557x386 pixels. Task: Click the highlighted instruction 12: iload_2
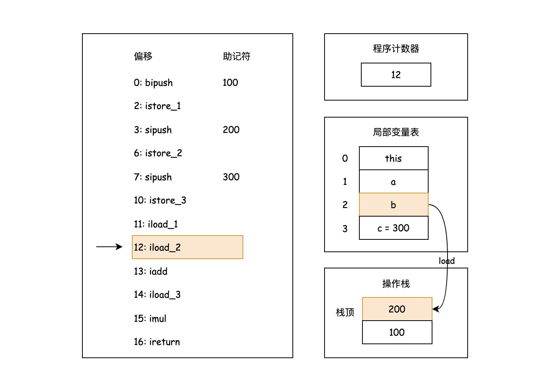[x=188, y=247]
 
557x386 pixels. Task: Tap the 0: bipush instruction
[x=153, y=83]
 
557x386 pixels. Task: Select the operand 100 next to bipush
[x=230, y=82]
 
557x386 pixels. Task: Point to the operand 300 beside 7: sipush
[x=231, y=177]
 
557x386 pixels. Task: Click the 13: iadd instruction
[x=150, y=271]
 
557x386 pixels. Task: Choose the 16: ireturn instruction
[x=157, y=342]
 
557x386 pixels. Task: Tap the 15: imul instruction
[x=150, y=318]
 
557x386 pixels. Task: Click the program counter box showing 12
[x=396, y=75]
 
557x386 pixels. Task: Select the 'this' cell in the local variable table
[x=393, y=158]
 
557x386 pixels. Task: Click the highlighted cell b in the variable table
[x=393, y=205]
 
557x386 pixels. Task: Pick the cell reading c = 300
[x=393, y=228]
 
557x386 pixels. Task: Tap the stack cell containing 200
[x=397, y=309]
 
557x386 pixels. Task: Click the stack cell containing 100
[x=397, y=332]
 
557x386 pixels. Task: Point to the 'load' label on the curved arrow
[x=446, y=261]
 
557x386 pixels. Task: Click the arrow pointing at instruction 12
[x=109, y=247]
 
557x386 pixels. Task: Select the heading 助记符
[x=236, y=56]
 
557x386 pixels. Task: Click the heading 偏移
[x=143, y=56]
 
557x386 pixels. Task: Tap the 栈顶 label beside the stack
[x=345, y=312]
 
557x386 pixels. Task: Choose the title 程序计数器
[x=396, y=49]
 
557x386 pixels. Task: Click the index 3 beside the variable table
[x=345, y=229]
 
